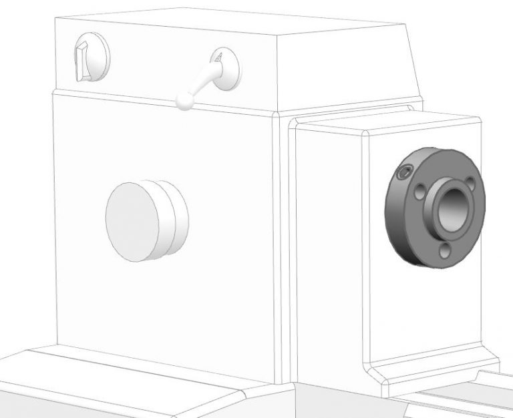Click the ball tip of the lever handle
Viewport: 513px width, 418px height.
[x=181, y=101]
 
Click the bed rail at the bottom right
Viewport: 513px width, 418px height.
[x=461, y=401]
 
